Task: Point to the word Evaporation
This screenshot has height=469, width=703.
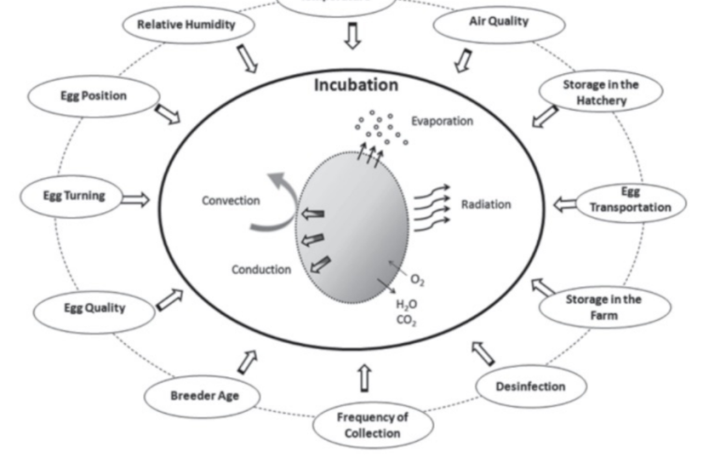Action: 441,121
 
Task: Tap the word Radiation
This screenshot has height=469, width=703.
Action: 486,204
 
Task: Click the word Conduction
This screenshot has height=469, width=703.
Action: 261,269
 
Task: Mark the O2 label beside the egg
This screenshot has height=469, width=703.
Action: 417,280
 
